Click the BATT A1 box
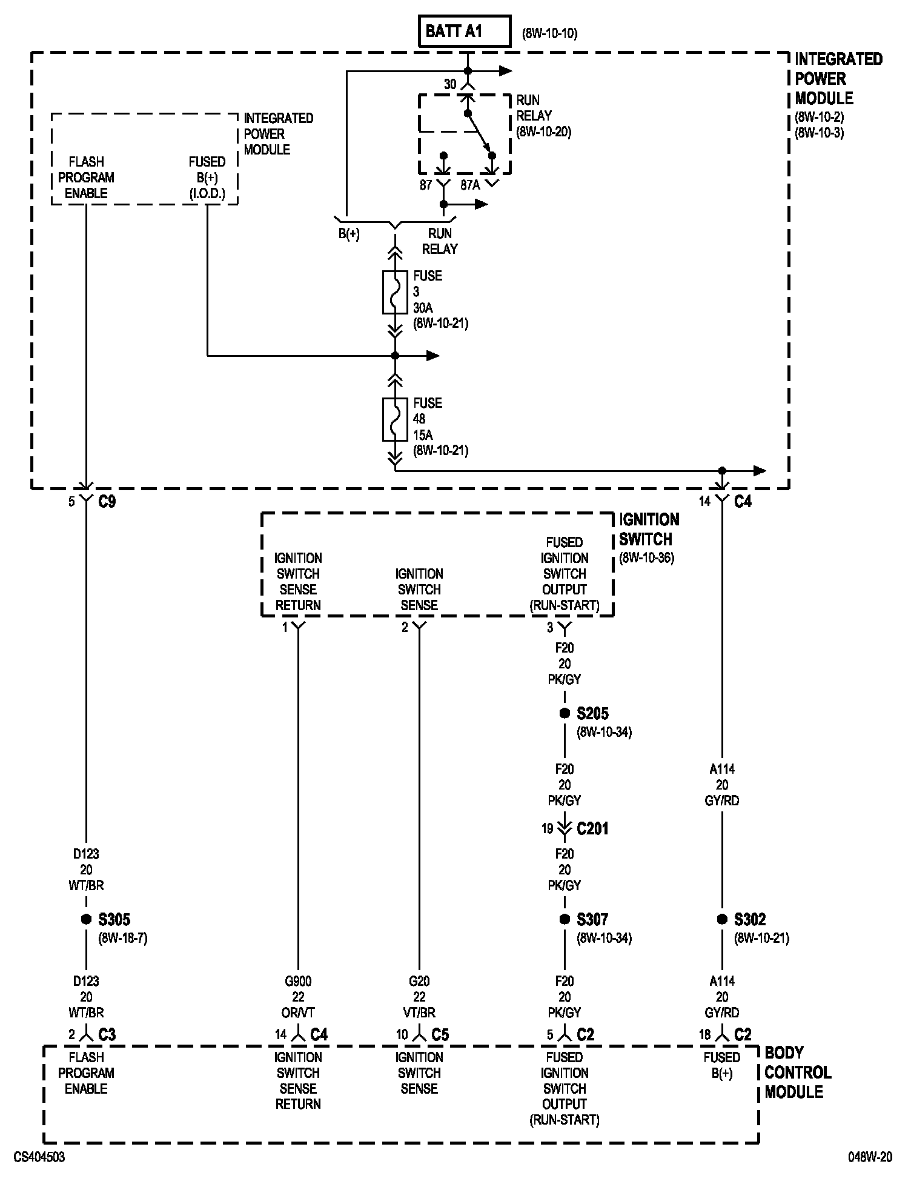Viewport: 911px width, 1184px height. [x=464, y=32]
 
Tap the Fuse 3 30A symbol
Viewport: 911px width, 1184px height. [x=395, y=292]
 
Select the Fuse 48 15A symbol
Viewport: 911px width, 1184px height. [x=395, y=419]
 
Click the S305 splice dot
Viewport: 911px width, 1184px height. [x=86, y=919]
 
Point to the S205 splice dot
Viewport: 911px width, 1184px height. [x=565, y=713]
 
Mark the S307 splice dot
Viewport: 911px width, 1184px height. [x=565, y=919]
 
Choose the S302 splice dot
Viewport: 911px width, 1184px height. [x=722, y=919]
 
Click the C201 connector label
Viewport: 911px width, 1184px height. [x=592, y=828]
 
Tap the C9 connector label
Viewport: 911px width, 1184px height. [x=107, y=502]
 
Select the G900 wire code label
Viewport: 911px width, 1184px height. [x=298, y=981]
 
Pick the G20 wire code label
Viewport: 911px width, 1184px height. [x=419, y=981]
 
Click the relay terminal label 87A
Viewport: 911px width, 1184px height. [x=470, y=185]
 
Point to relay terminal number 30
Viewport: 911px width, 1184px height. [x=450, y=85]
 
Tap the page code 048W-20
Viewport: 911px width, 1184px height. [x=870, y=1157]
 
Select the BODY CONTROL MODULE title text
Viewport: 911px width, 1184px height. [x=797, y=1073]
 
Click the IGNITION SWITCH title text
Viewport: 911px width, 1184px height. [x=649, y=529]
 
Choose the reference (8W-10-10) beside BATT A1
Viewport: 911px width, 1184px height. [x=549, y=33]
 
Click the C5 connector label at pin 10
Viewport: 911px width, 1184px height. [x=440, y=1035]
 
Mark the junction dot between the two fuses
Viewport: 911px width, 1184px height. [x=395, y=356]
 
